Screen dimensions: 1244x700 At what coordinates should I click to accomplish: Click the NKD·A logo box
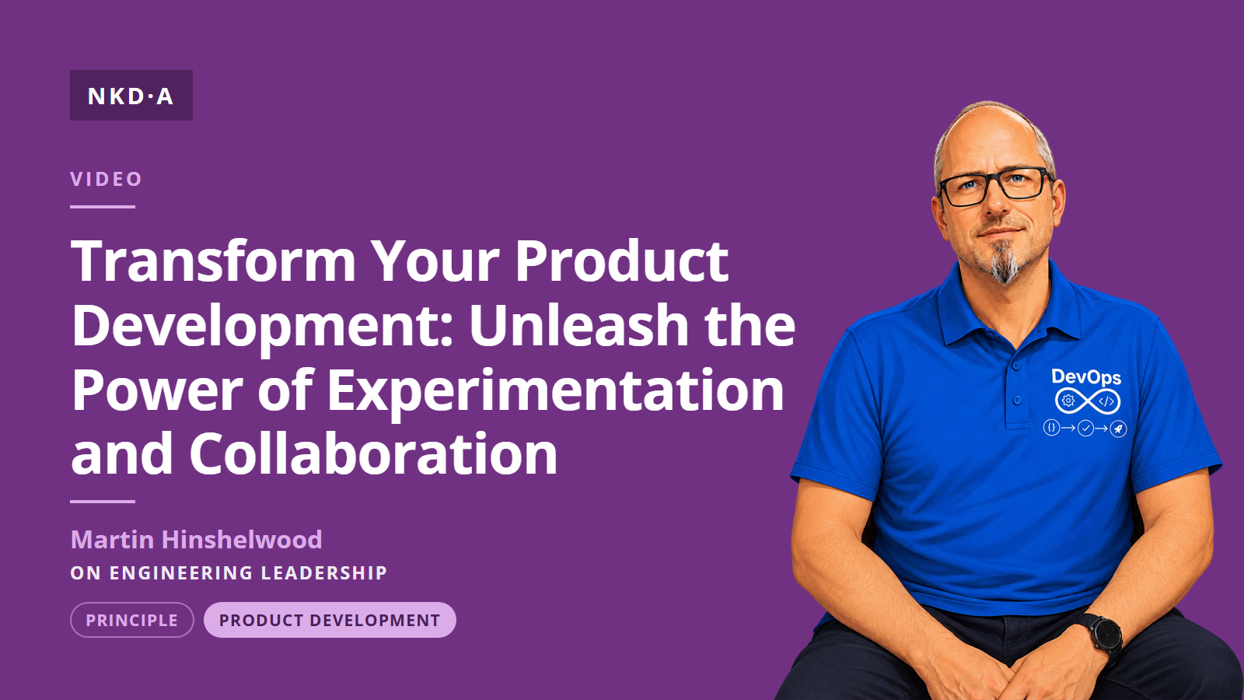(x=131, y=95)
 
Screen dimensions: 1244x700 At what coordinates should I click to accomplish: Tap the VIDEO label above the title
(x=106, y=179)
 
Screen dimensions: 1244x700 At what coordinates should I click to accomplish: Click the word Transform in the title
(x=214, y=261)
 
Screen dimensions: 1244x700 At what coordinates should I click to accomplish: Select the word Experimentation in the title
(x=555, y=392)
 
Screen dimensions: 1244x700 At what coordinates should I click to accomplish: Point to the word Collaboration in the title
(x=373, y=453)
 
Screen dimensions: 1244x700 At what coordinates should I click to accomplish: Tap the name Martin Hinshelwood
(x=197, y=540)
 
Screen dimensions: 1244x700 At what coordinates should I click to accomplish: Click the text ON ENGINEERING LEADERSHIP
(x=229, y=572)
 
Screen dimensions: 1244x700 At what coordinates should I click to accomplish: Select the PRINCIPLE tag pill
(x=132, y=620)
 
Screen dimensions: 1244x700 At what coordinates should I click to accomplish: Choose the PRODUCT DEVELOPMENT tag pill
(x=330, y=620)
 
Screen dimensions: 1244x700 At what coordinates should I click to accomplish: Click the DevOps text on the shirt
(x=1086, y=377)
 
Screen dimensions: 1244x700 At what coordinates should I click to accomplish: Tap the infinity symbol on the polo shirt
(x=1088, y=401)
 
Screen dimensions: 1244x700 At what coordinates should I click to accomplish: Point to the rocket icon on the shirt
(x=1118, y=429)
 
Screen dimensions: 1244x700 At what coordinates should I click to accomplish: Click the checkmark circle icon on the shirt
(x=1085, y=429)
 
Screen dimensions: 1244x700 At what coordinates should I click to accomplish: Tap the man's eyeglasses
(x=995, y=187)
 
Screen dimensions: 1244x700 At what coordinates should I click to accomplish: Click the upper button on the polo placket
(x=1015, y=366)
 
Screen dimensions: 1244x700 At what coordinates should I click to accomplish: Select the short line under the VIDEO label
(x=103, y=207)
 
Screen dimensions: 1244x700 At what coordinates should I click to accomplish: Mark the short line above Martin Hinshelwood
(x=103, y=501)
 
